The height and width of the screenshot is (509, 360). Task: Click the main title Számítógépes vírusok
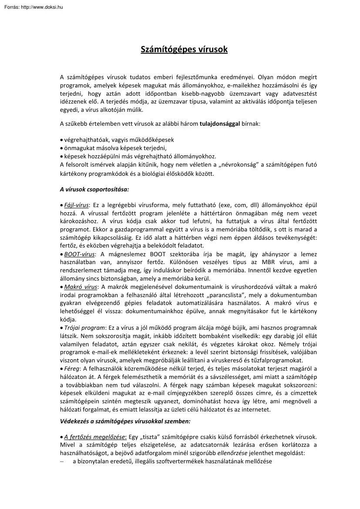click(x=184, y=50)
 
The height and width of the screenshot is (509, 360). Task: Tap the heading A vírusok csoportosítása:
click(x=94, y=189)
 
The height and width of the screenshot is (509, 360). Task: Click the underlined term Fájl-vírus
click(x=76, y=204)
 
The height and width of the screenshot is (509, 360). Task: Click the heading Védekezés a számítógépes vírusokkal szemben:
click(x=125, y=422)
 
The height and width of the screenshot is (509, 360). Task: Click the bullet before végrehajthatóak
click(x=61, y=140)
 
